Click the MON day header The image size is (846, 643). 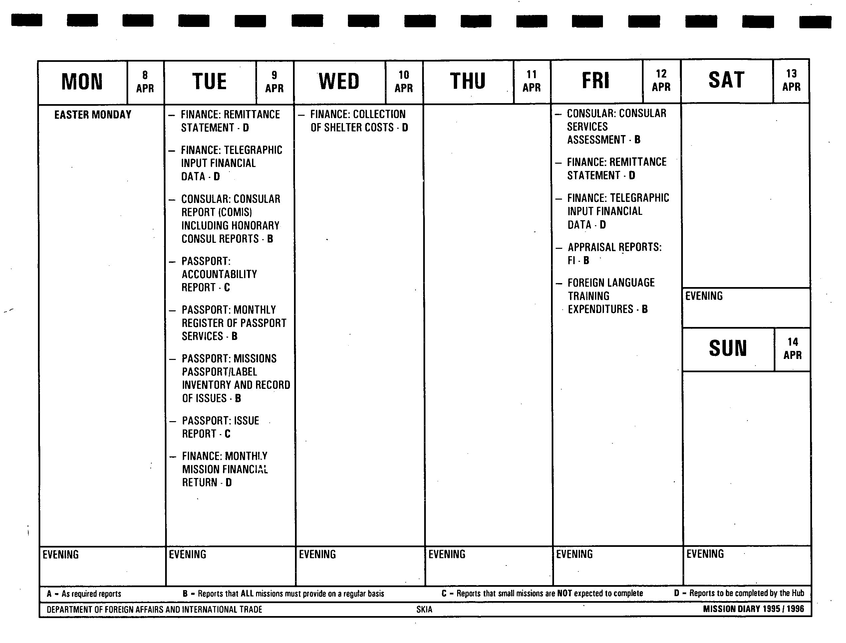pyautogui.click(x=82, y=81)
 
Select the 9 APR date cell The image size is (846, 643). pyautogui.click(x=274, y=81)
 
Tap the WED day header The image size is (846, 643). pyautogui.click(x=339, y=81)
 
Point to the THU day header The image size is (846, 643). pyautogui.click(x=468, y=81)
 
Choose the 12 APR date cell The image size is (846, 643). pyautogui.click(x=661, y=80)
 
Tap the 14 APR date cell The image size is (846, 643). pyautogui.click(x=792, y=348)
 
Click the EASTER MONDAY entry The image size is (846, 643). pyautogui.click(x=93, y=115)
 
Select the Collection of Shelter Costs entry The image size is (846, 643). pyautogui.click(x=359, y=121)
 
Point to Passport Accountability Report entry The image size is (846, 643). pyautogui.click(x=219, y=274)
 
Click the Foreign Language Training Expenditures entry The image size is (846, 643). pyautogui.click(x=611, y=296)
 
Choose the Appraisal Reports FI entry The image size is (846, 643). pyautogui.click(x=614, y=253)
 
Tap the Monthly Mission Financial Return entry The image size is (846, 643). pyautogui.click(x=224, y=469)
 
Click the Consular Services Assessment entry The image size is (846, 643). pyautogui.click(x=616, y=126)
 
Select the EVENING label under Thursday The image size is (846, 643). pyautogui.click(x=446, y=554)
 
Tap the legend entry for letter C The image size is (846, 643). pyautogui.click(x=542, y=593)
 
